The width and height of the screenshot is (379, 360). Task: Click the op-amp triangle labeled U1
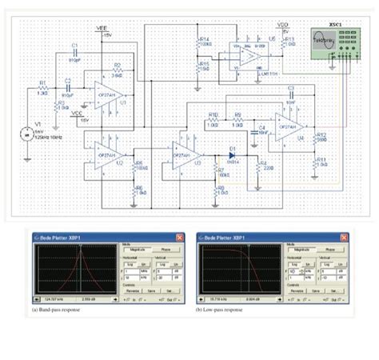coord(107,94)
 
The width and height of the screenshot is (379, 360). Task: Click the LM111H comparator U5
coord(251,56)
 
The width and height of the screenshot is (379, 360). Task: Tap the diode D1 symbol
coord(233,151)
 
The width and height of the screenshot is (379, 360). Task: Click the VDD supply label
coord(282,26)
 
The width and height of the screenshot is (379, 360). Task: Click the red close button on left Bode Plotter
coord(182,238)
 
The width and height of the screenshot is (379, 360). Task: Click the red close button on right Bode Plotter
coord(345,238)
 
